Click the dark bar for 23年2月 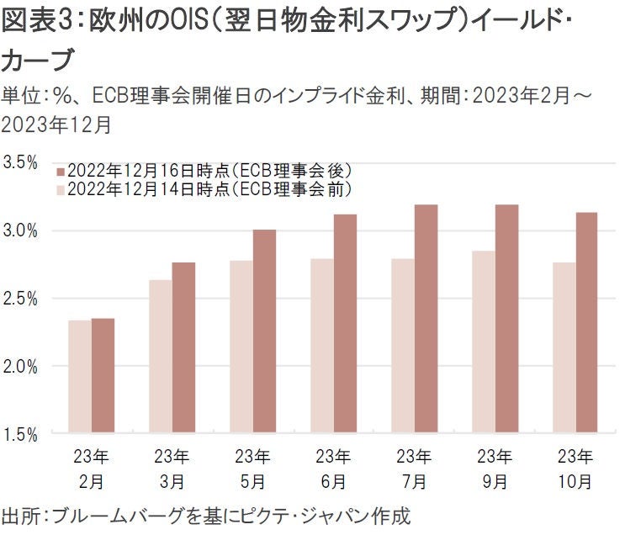tap(103, 376)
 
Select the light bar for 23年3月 tap(160, 357)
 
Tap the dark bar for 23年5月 tap(264, 331)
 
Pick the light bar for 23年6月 tap(321, 346)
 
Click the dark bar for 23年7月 tap(426, 319)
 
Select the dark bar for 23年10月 tap(586, 323)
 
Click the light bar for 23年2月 tap(80, 377)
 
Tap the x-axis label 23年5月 tap(252, 469)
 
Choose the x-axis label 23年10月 tap(575, 469)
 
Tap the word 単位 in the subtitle tap(19, 95)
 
